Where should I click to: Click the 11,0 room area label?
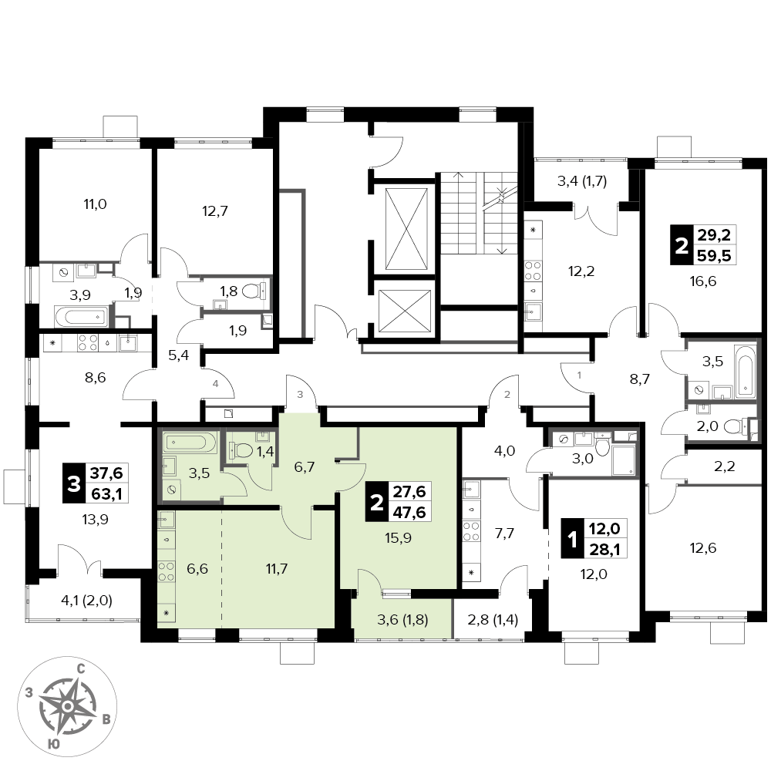(96, 204)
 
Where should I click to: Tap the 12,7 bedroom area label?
(215, 211)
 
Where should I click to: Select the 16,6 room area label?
(702, 281)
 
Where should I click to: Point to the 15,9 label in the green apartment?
(399, 538)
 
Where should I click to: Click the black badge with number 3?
(74, 484)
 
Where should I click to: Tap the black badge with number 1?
(572, 540)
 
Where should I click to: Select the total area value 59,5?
(714, 256)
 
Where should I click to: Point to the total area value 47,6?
(409, 512)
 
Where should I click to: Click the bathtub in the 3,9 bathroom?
(79, 316)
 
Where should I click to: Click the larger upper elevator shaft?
(406, 229)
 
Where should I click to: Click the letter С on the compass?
(82, 668)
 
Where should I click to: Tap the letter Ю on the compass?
(55, 743)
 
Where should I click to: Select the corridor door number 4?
(216, 384)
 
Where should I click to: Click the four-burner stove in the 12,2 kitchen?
(534, 271)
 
